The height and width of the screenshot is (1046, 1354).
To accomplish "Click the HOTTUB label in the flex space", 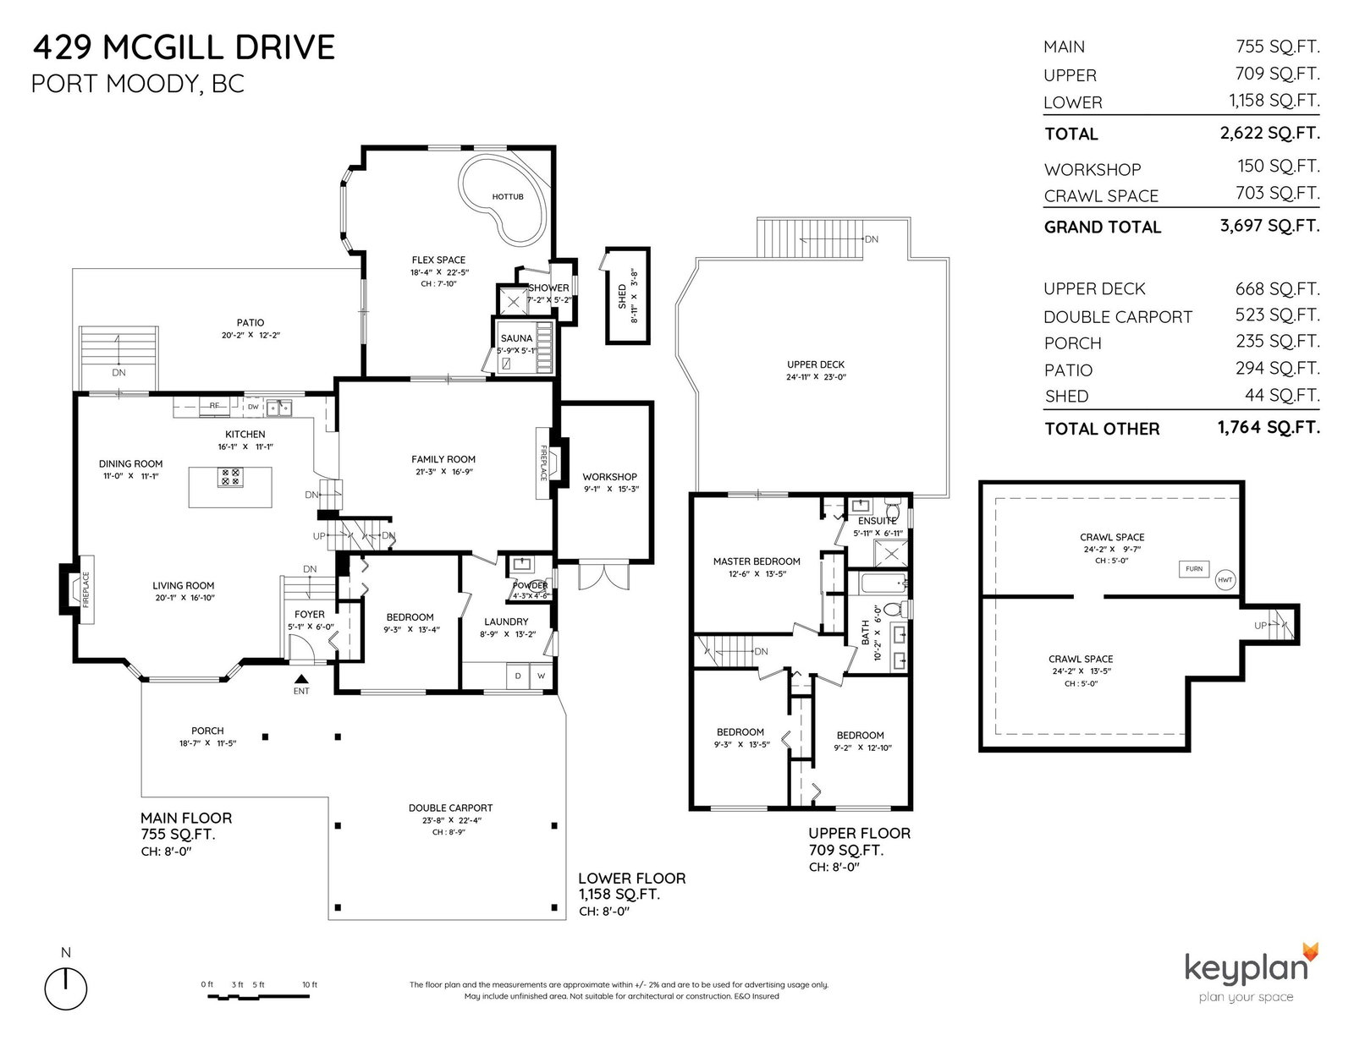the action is (x=507, y=197).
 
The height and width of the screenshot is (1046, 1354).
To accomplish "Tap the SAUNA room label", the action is (x=516, y=338).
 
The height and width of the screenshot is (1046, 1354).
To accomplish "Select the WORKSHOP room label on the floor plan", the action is (x=609, y=477).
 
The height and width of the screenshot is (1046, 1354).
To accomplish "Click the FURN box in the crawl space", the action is (x=1194, y=568).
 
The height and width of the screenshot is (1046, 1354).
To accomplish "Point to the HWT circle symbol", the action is (x=1225, y=580).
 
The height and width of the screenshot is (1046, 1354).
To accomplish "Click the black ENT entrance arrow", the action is (x=301, y=679).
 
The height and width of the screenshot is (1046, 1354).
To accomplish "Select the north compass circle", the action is (x=65, y=988).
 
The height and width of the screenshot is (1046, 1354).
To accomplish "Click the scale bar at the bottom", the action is (x=258, y=996).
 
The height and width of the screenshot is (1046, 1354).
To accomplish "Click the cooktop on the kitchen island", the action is (x=230, y=477).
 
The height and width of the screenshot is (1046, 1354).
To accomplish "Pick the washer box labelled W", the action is (x=541, y=676).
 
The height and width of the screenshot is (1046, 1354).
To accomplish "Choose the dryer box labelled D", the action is (x=518, y=676).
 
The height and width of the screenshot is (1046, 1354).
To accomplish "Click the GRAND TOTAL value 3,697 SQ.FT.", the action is (x=1269, y=226).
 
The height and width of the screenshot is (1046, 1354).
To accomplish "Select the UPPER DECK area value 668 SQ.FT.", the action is (x=1277, y=289).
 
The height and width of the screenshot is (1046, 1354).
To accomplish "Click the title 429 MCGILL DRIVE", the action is (x=184, y=47).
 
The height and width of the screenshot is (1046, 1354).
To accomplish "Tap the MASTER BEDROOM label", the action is (x=757, y=561).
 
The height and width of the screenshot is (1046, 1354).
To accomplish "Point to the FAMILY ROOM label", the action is (x=443, y=459).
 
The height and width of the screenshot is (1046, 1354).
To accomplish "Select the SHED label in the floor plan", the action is (x=622, y=296).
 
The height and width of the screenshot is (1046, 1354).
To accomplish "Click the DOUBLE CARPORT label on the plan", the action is (x=450, y=808).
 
